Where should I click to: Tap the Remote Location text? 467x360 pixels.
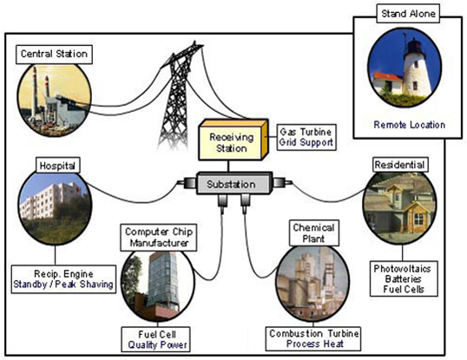point(407,125)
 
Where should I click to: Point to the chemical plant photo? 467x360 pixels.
point(314,282)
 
